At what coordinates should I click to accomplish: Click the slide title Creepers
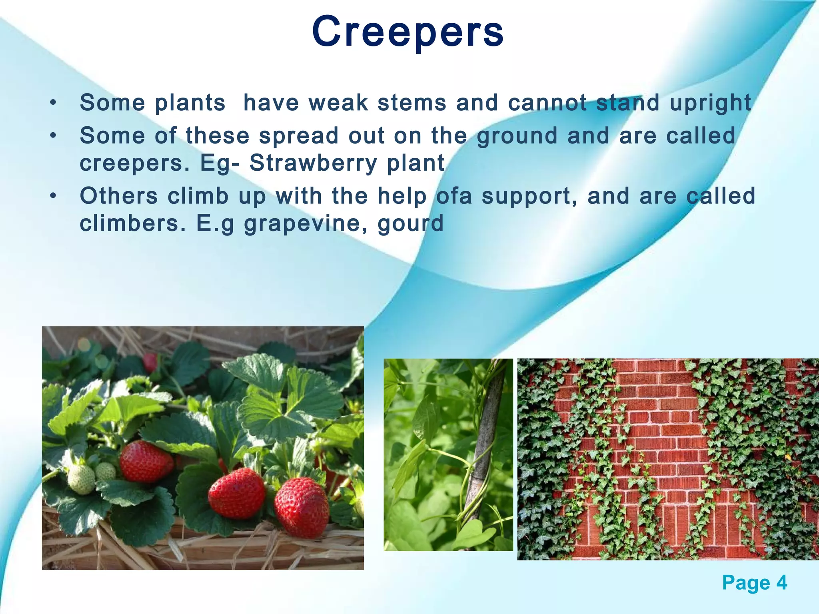tap(408, 32)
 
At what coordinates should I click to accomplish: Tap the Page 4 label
tap(754, 583)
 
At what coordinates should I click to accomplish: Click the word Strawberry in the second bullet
tap(313, 163)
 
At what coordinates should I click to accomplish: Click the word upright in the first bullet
tap(710, 103)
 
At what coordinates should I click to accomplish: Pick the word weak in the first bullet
tap(338, 103)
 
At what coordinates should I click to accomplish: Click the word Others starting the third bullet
tap(119, 196)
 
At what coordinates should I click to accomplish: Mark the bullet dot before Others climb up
tap(53, 196)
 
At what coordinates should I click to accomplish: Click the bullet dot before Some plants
tap(53, 103)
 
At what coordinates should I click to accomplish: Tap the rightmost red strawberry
tap(302, 507)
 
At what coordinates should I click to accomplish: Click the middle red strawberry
tap(237, 493)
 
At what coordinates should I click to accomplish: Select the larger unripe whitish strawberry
tap(81, 479)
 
